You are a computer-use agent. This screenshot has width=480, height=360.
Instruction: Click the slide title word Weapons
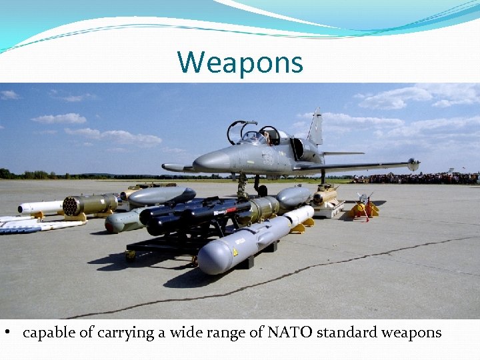(x=240, y=63)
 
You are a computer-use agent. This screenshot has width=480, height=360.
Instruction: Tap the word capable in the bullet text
(x=49, y=333)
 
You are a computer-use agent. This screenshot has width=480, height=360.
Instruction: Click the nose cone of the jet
(x=200, y=162)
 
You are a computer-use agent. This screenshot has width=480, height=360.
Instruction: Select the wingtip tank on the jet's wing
(x=413, y=164)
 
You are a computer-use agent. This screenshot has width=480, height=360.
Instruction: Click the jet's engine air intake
(x=297, y=149)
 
